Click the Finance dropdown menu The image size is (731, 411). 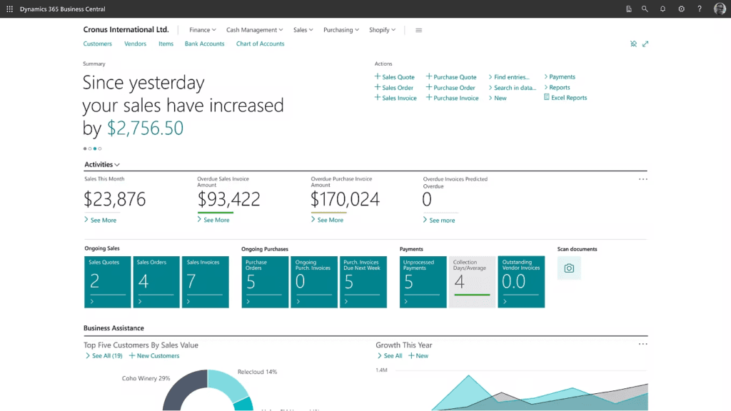(x=202, y=30)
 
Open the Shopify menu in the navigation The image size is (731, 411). (x=382, y=30)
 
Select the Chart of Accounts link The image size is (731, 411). (x=260, y=44)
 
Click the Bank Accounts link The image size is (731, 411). (x=204, y=44)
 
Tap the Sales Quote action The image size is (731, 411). (x=398, y=77)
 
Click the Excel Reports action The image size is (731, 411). (x=568, y=98)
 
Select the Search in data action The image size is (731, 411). (x=514, y=88)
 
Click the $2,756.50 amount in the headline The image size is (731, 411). (x=145, y=128)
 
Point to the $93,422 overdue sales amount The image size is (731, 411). (x=228, y=199)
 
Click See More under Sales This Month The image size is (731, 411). (x=103, y=220)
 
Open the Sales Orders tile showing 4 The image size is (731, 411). (x=156, y=282)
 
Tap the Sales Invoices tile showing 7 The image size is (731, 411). (x=205, y=282)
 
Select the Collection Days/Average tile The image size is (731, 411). (x=472, y=282)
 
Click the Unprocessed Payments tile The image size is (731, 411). (x=423, y=282)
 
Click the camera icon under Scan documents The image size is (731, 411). (x=569, y=268)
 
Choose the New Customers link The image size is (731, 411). (x=158, y=355)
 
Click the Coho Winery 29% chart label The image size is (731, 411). (x=146, y=378)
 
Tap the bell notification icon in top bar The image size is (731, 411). (x=663, y=9)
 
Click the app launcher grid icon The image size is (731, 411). (x=9, y=9)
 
